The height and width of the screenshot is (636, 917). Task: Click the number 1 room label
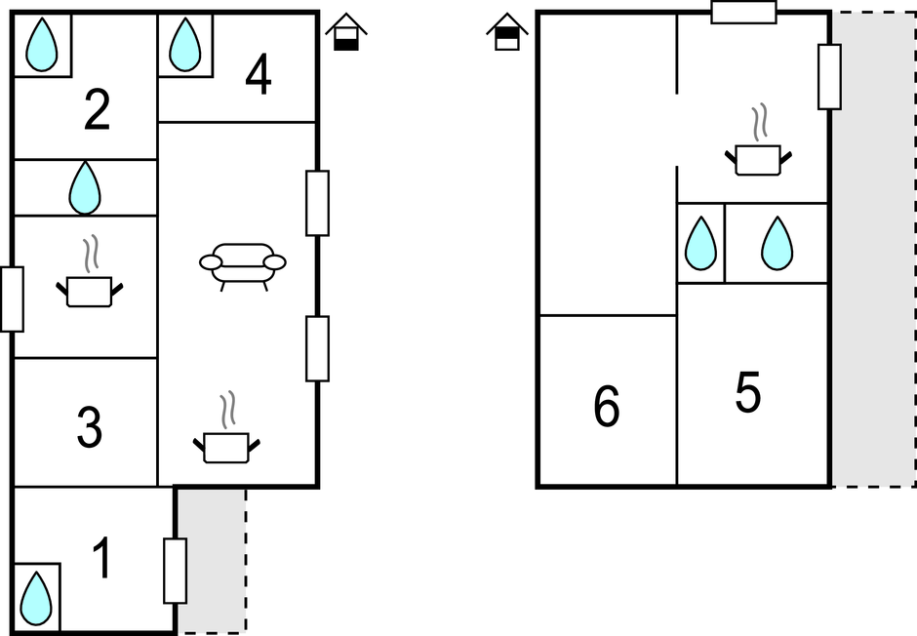pyautogui.click(x=101, y=559)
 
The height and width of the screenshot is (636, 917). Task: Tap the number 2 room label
pyautogui.click(x=97, y=111)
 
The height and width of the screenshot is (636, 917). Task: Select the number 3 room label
pyautogui.click(x=89, y=429)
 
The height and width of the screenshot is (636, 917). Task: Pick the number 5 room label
pyautogui.click(x=747, y=393)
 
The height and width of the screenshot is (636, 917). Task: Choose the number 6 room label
pyautogui.click(x=606, y=407)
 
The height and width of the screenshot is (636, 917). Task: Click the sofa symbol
pyautogui.click(x=243, y=264)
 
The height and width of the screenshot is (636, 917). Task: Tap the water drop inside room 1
pyautogui.click(x=37, y=597)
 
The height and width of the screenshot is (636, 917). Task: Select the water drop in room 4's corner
pyautogui.click(x=184, y=46)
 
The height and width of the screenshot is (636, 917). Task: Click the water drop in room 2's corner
pyautogui.click(x=41, y=46)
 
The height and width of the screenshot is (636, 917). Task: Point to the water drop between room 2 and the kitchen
pyautogui.click(x=86, y=187)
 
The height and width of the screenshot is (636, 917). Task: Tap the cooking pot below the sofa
pyautogui.click(x=227, y=440)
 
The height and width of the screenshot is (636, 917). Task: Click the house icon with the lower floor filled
pyautogui.click(x=346, y=32)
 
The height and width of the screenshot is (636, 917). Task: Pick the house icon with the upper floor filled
pyautogui.click(x=506, y=31)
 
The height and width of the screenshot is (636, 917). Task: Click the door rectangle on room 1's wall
pyautogui.click(x=175, y=571)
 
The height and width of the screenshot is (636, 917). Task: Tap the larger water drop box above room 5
pyautogui.click(x=777, y=243)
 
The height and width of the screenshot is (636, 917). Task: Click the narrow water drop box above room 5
pyautogui.click(x=700, y=243)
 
